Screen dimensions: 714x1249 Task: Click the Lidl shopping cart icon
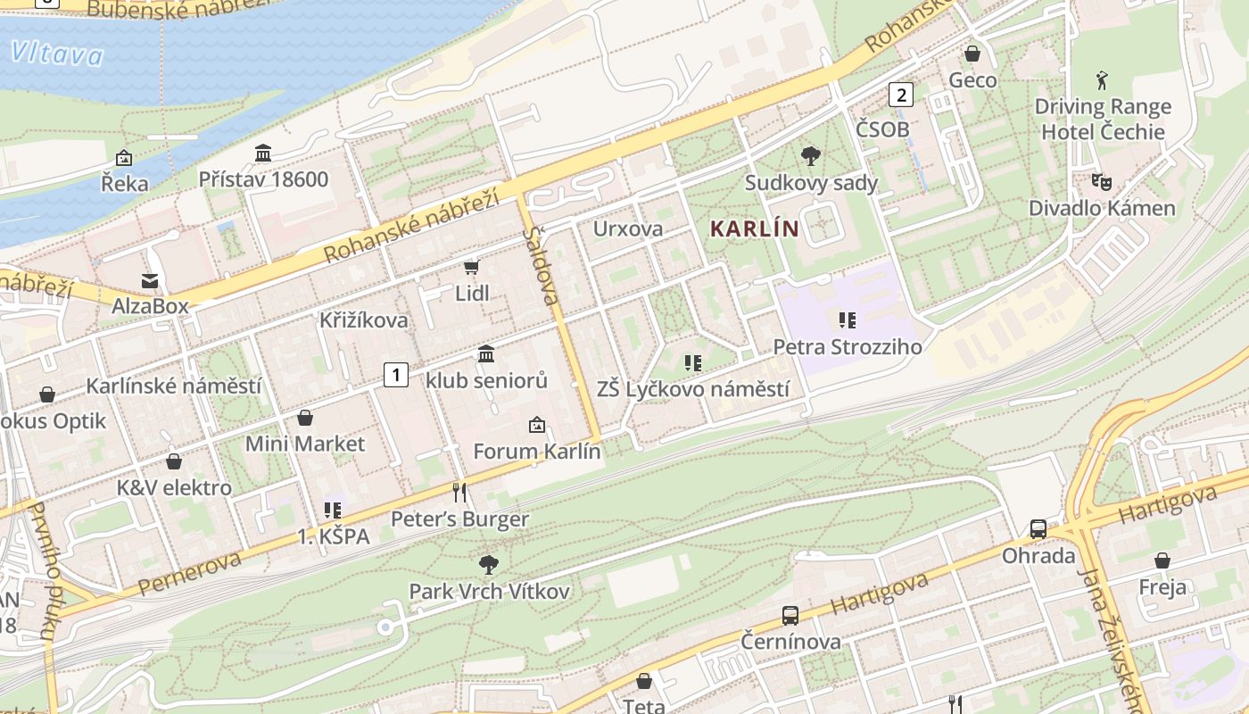click(472, 267)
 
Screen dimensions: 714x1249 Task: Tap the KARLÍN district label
click(754, 228)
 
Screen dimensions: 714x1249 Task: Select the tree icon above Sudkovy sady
click(811, 157)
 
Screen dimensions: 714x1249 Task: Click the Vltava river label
click(57, 54)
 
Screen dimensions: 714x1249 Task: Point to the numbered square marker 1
click(396, 375)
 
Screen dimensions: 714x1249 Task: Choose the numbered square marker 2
click(902, 94)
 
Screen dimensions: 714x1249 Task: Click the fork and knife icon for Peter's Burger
click(459, 492)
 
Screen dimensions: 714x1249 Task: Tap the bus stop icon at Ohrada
click(1038, 528)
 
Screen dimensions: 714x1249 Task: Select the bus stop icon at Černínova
click(790, 615)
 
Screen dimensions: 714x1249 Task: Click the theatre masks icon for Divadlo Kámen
click(1102, 181)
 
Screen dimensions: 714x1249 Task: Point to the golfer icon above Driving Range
click(1102, 80)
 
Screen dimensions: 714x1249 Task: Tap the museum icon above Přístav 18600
click(263, 153)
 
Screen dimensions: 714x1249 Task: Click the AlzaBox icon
click(150, 280)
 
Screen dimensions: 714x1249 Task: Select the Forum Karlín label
click(537, 451)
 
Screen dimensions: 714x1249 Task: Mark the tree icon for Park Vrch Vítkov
click(488, 564)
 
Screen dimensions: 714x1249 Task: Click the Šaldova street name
click(542, 266)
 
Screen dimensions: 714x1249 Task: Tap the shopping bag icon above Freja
click(1162, 560)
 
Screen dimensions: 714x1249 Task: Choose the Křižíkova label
click(364, 320)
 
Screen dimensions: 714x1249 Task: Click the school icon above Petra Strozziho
click(847, 320)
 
